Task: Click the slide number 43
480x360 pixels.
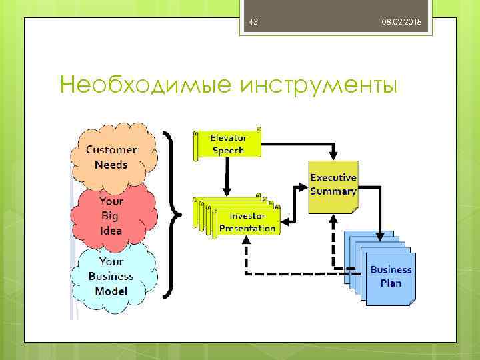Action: click(253, 23)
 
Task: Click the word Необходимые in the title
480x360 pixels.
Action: click(145, 85)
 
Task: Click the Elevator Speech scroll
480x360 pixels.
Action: click(227, 144)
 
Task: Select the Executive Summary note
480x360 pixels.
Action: click(333, 185)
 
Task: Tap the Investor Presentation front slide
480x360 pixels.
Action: click(247, 222)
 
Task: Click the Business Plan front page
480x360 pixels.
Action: click(391, 277)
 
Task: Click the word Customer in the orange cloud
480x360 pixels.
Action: click(111, 150)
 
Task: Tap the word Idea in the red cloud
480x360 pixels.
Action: click(111, 231)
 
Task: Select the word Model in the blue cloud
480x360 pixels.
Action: click(111, 291)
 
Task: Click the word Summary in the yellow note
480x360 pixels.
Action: click(333, 191)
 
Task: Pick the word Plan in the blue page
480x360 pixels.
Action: click(391, 283)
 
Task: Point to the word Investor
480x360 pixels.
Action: click(247, 216)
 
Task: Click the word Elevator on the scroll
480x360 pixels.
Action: click(229, 138)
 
